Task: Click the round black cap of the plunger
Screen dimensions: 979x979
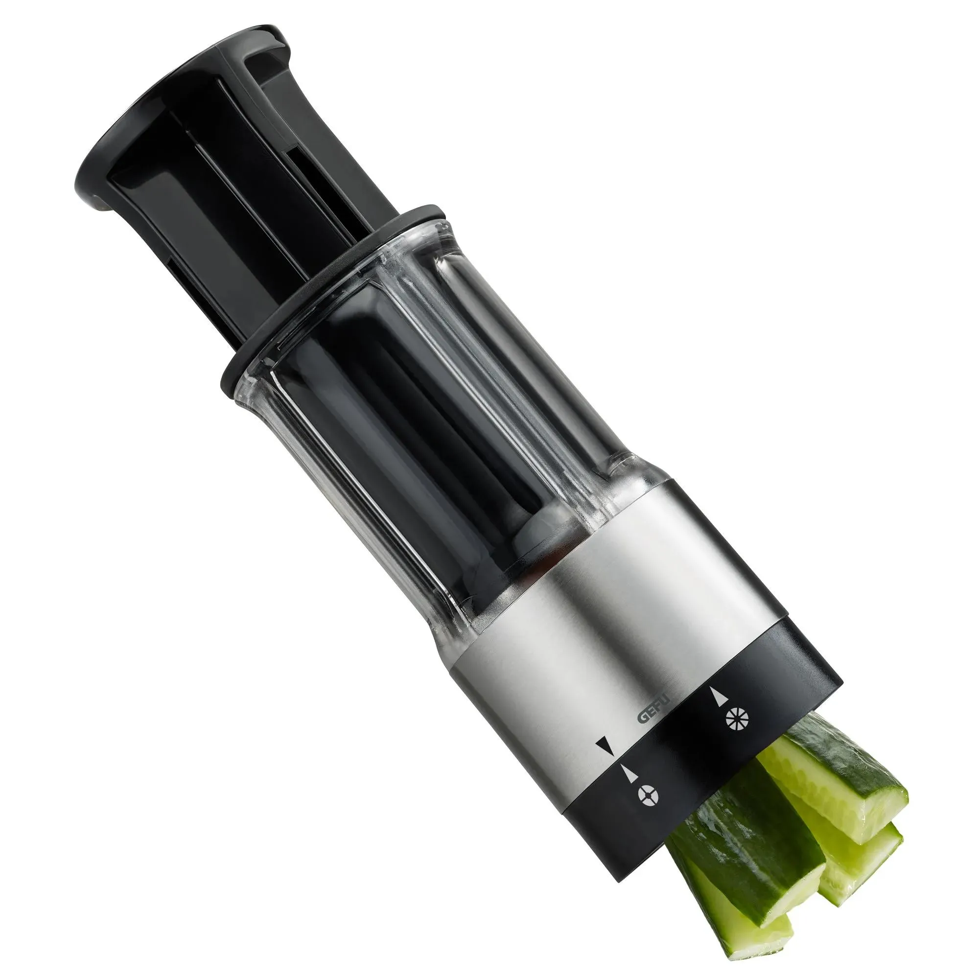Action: coord(167,121)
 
